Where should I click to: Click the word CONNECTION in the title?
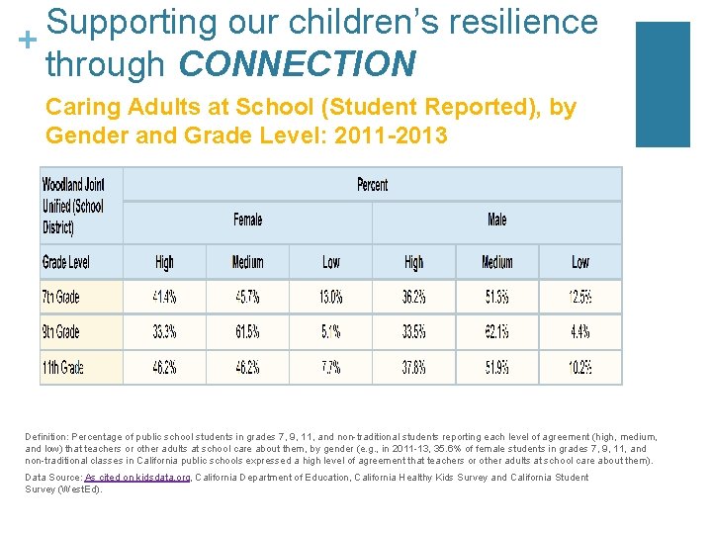(x=298, y=64)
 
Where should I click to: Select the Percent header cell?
(x=372, y=185)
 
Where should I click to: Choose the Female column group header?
(x=247, y=220)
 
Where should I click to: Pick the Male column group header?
(x=496, y=220)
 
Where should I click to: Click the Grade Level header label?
(x=66, y=262)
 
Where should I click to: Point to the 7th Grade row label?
(x=61, y=297)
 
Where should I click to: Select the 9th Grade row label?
(x=61, y=331)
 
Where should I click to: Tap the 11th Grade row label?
(x=63, y=367)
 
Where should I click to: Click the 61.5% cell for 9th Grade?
(x=247, y=331)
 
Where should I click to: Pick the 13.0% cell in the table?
(x=330, y=297)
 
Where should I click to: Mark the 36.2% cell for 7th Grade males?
(x=414, y=297)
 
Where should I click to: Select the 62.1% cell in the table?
(x=496, y=331)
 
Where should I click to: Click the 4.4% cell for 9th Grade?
(x=580, y=331)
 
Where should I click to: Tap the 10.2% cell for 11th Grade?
(x=580, y=367)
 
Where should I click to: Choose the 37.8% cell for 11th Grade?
(x=414, y=367)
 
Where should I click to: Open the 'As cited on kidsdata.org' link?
(x=137, y=478)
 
